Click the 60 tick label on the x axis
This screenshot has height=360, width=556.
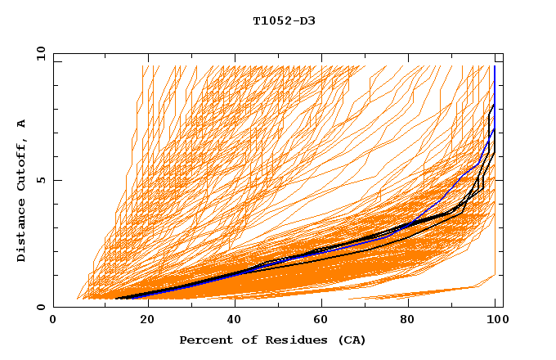click(320, 322)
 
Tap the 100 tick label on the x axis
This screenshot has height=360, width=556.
click(494, 322)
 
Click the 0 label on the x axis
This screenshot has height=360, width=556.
click(53, 322)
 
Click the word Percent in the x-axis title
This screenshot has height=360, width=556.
click(203, 340)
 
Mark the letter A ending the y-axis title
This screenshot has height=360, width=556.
click(21, 124)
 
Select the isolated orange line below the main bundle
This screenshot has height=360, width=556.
click(425, 293)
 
